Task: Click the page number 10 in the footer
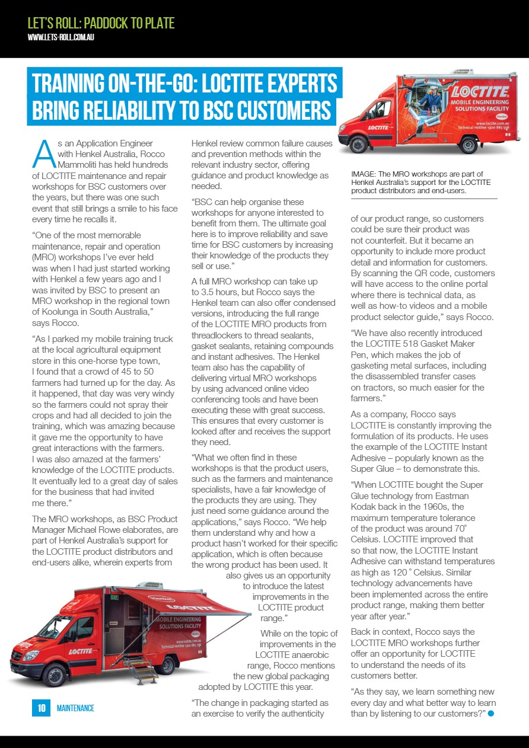(42, 708)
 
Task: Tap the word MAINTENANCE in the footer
(75, 708)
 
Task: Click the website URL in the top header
(61, 37)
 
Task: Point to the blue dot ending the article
(490, 714)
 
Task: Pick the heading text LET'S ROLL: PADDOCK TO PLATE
(101, 23)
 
